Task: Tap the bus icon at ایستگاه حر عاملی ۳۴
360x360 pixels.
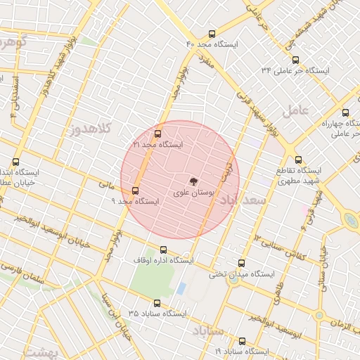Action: (x=296, y=60)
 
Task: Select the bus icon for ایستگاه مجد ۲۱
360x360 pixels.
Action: (x=157, y=133)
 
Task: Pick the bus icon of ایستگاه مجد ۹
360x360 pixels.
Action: (x=135, y=191)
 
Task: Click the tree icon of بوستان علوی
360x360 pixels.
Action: (x=194, y=181)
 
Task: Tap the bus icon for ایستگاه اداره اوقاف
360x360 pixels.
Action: (x=164, y=250)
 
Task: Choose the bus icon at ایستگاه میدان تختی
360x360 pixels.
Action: (x=243, y=263)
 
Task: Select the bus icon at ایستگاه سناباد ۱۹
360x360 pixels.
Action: (x=243, y=340)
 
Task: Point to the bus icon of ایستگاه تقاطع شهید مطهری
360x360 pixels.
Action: (x=299, y=160)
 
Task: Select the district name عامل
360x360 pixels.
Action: (x=296, y=110)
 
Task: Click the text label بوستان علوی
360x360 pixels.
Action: (x=190, y=191)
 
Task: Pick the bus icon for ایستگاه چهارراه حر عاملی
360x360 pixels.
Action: (x=345, y=112)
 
